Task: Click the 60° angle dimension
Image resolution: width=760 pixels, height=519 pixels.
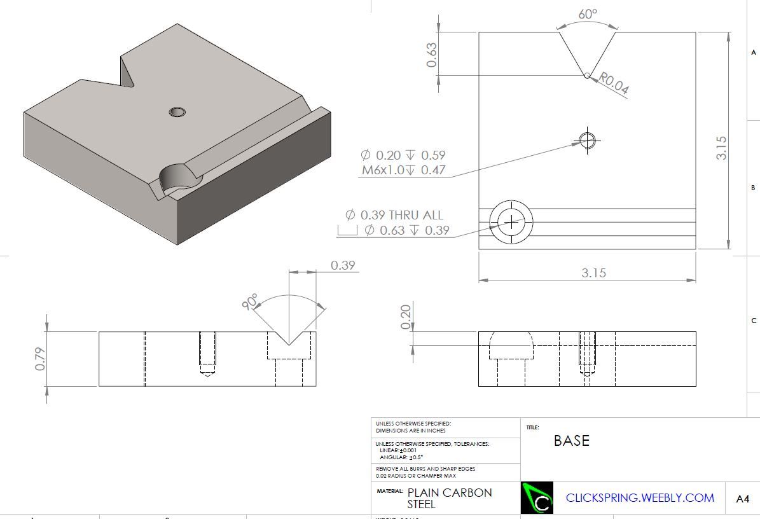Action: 588,14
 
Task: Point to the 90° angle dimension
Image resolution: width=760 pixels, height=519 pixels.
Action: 251,301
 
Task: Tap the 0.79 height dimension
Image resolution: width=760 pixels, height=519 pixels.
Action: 41,358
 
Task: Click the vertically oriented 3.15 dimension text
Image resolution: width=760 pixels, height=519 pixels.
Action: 721,148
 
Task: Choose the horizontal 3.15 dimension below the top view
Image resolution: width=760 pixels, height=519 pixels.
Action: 593,273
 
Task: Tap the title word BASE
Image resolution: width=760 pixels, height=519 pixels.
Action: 571,441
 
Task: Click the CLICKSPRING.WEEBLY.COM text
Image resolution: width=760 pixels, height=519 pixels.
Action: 640,498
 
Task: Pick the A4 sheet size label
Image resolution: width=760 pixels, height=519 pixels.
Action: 742,499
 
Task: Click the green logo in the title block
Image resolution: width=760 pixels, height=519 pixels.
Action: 537,498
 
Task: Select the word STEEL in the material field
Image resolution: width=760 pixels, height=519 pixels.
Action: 422,504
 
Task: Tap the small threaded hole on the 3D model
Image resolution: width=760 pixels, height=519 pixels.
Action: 177,113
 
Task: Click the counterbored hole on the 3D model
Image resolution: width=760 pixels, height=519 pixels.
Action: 178,177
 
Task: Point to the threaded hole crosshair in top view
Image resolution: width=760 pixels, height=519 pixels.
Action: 586,140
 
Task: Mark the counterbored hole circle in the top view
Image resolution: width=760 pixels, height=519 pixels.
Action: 511,221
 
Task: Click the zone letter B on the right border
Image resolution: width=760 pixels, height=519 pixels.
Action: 753,188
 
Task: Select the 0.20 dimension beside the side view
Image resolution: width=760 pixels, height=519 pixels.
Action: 406,316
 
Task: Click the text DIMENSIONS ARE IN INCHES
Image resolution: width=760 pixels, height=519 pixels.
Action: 410,431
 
